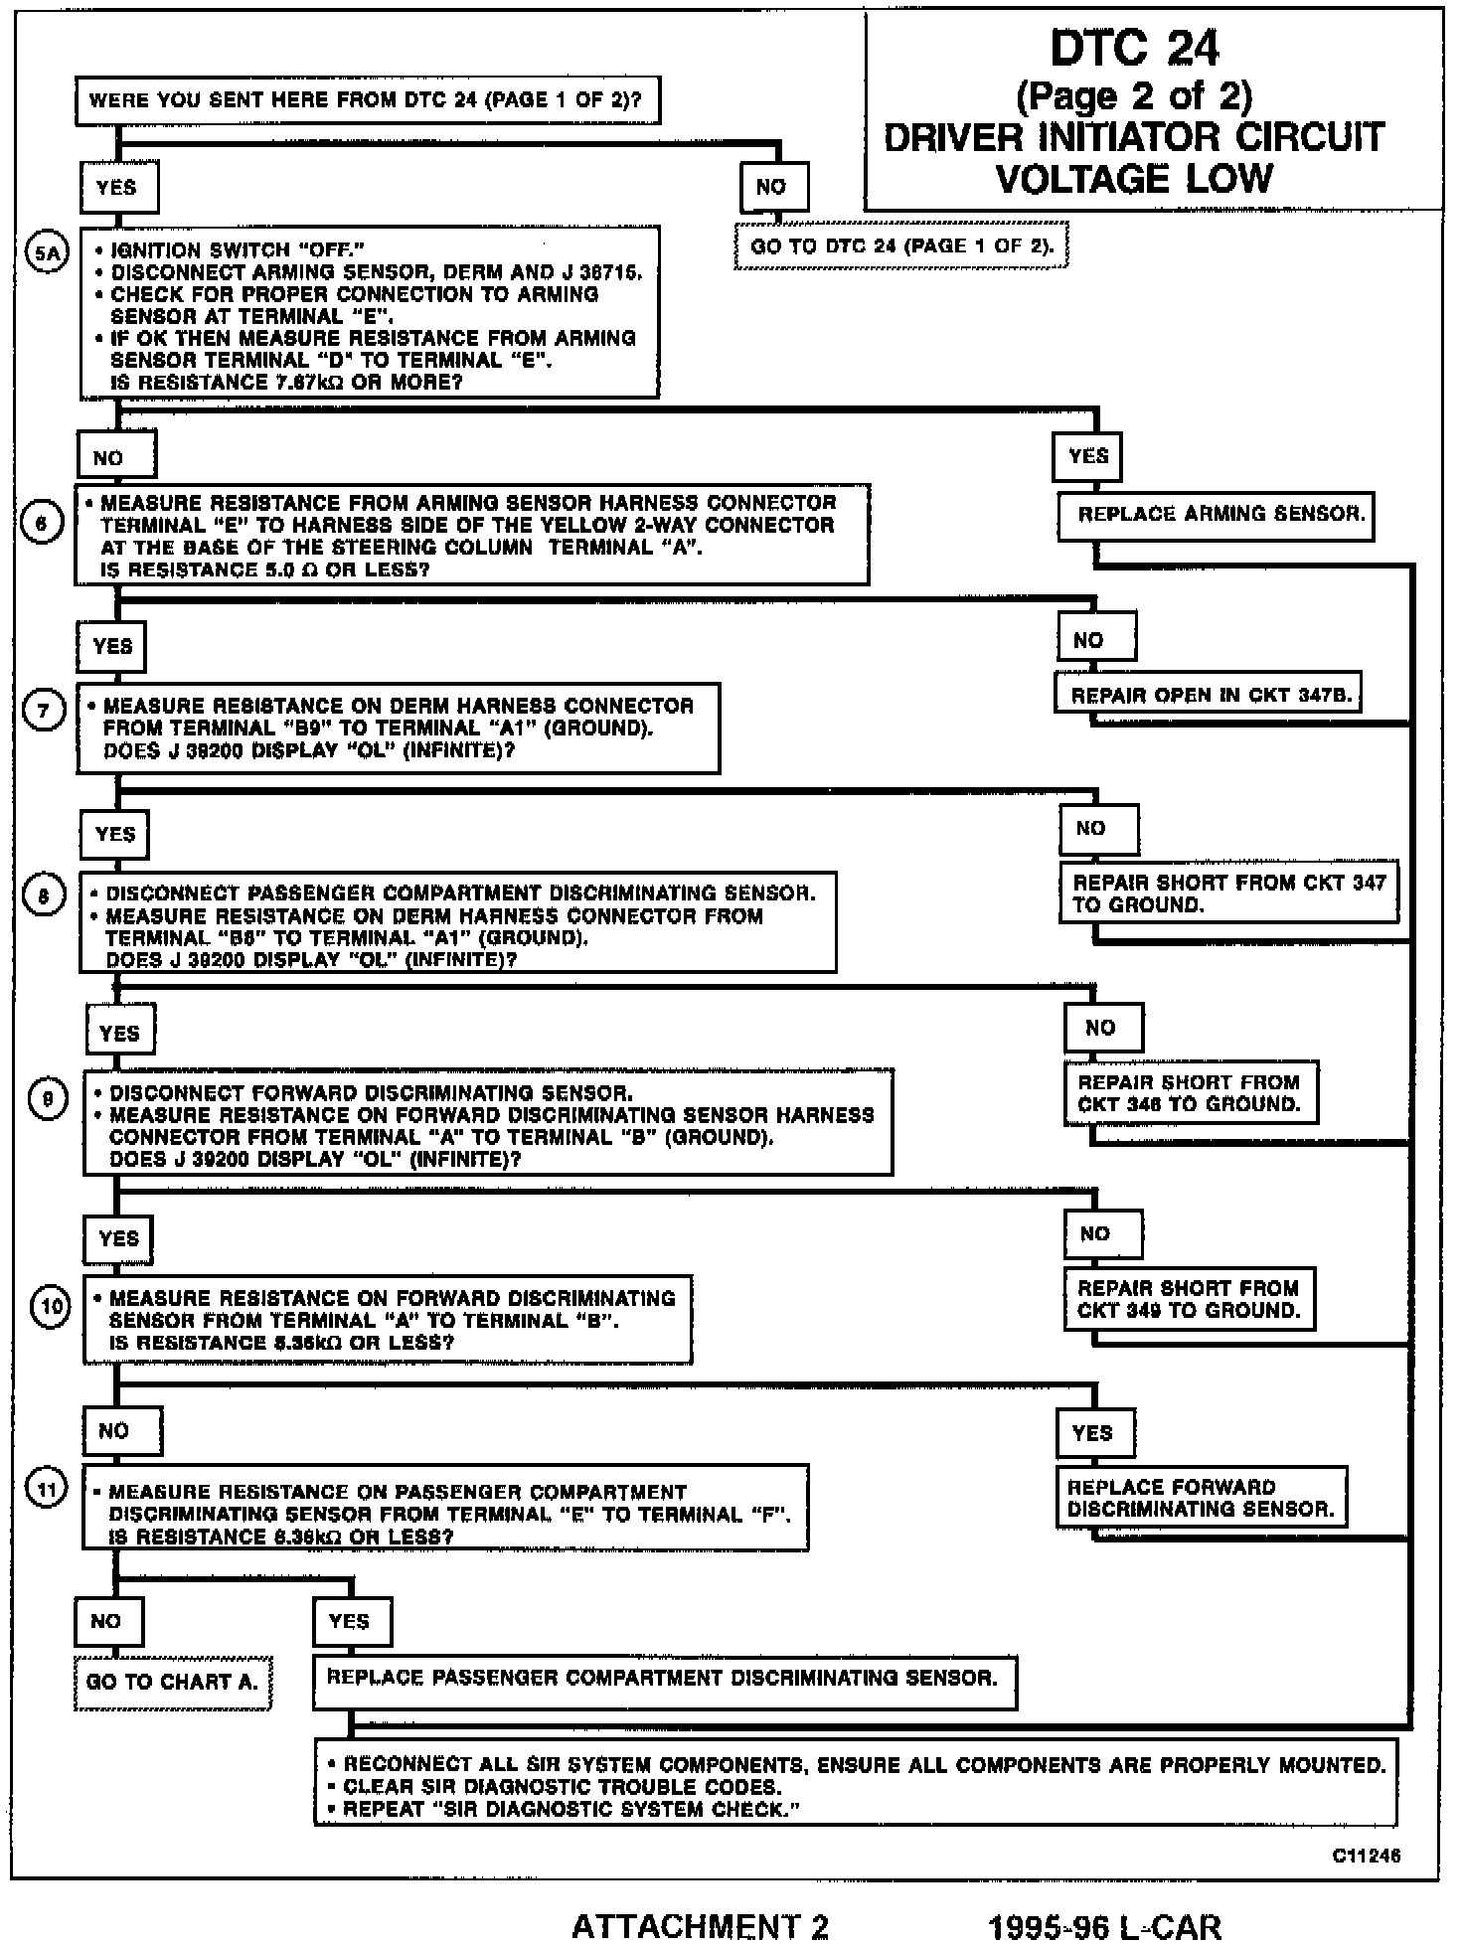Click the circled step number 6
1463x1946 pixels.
point(41,524)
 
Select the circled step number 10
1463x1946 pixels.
point(50,1305)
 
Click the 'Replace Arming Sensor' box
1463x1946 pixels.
point(1215,515)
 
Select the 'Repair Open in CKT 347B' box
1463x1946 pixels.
point(1207,695)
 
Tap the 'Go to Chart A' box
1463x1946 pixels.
point(172,1682)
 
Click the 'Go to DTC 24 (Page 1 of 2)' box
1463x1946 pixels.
point(900,245)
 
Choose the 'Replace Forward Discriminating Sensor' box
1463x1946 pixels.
point(1201,1498)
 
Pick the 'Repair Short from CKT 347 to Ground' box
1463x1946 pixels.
point(1227,892)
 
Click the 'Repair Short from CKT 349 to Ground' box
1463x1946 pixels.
point(1189,1299)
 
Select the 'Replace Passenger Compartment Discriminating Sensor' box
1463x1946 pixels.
point(664,1679)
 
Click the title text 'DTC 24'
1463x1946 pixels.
point(1134,48)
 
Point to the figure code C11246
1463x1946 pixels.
point(1367,1855)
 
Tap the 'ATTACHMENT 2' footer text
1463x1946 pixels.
point(700,1926)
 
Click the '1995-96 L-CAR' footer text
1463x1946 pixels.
point(1104,1926)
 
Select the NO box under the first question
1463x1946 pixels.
point(771,186)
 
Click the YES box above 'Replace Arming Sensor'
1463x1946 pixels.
point(1087,456)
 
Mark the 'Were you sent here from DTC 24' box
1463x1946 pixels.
point(367,100)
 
